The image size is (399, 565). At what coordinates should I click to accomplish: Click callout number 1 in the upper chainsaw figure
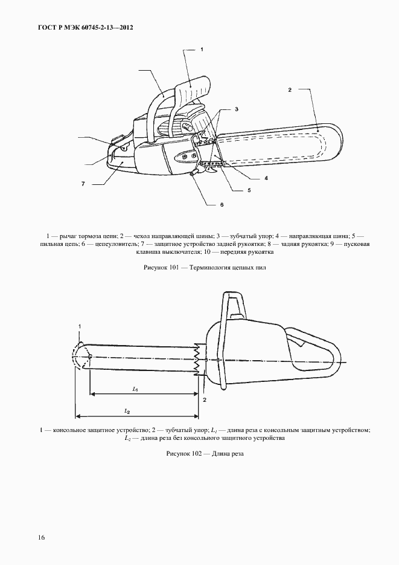(x=202, y=48)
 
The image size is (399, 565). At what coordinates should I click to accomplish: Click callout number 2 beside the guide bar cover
(x=290, y=90)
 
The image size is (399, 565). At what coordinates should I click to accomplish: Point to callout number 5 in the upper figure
(x=248, y=190)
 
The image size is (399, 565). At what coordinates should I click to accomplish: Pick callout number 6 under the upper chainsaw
(x=222, y=205)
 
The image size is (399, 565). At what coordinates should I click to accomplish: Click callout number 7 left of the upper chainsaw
(x=83, y=182)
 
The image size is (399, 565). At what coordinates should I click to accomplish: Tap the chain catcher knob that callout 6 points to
(x=193, y=175)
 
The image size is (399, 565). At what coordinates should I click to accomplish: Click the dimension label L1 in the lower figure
(x=136, y=389)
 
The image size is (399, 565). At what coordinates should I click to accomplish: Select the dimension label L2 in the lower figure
(x=127, y=411)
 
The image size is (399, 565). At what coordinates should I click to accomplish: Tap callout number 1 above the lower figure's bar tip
(x=80, y=326)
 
